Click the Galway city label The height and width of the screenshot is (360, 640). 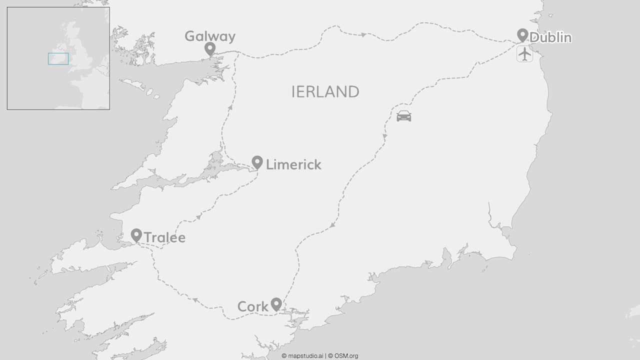[209, 36]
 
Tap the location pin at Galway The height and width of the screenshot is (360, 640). [210, 48]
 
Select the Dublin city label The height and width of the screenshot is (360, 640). [550, 37]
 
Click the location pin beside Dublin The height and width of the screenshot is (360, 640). [522, 35]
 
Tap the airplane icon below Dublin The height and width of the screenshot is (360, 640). [524, 53]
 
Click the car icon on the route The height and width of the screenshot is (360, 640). [404, 116]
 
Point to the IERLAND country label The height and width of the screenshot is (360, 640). [325, 92]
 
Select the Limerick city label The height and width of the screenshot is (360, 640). [293, 164]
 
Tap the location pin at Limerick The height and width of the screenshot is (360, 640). [257, 162]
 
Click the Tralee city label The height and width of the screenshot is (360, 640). [164, 237]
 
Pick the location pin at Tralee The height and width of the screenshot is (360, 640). [136, 235]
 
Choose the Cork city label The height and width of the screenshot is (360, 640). [252, 306]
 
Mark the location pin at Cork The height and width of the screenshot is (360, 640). [276, 304]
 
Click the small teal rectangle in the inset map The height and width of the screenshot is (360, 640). [58, 59]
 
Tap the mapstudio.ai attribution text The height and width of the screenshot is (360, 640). [302, 356]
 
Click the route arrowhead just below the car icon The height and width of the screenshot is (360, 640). [384, 136]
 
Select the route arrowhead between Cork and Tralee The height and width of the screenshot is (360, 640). [195, 300]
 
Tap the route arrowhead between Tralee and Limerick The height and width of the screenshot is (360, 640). [199, 216]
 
